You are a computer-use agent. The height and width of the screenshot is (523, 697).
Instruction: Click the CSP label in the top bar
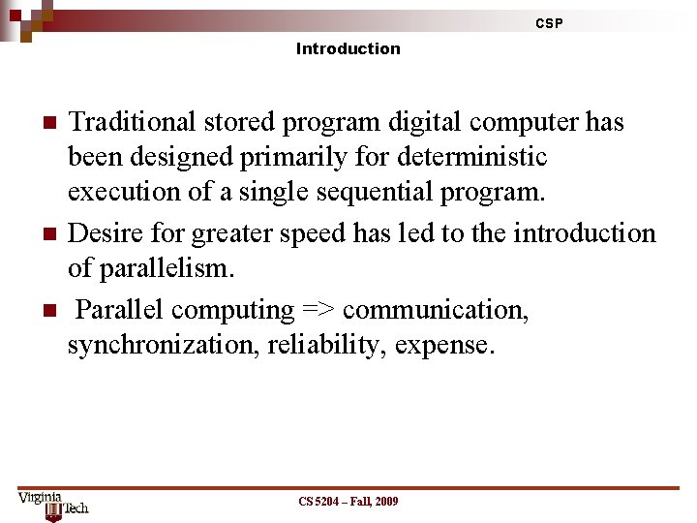tap(549, 23)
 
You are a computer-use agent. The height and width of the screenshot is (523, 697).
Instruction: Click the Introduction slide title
tap(348, 48)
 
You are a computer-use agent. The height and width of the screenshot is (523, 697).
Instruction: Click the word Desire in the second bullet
tap(104, 233)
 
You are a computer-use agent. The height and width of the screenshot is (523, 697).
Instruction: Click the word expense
tap(445, 345)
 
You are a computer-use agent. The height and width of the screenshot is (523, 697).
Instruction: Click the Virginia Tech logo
tap(53, 504)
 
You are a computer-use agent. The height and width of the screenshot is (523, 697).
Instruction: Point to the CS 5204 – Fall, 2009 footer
tap(348, 501)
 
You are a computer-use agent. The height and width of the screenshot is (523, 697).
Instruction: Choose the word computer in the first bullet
tap(518, 122)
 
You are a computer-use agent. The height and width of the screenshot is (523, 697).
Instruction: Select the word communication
tap(436, 310)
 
